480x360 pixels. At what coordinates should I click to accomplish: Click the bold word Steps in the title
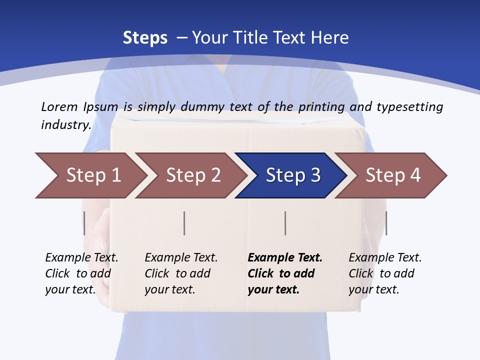click(x=145, y=38)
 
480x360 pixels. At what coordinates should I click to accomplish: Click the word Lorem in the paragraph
click(x=59, y=106)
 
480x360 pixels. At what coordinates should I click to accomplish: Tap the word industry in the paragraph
click(x=66, y=124)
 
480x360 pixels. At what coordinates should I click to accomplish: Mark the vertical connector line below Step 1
click(x=84, y=223)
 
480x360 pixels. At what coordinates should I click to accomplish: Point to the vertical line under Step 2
click(x=184, y=223)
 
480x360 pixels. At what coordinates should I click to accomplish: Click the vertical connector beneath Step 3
click(x=285, y=223)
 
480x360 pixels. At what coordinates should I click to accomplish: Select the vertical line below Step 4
click(x=386, y=223)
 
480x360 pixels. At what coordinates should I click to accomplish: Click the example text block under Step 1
click(x=81, y=273)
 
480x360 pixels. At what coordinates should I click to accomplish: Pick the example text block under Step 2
click(x=181, y=273)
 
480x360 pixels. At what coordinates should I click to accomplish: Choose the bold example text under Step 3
click(x=285, y=273)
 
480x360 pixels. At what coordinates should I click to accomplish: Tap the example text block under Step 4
click(x=385, y=273)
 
